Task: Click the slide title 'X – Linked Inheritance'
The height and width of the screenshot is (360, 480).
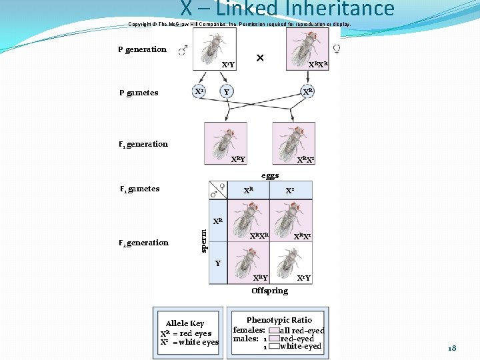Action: coord(287,9)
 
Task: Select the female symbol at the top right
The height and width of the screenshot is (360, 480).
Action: coord(336,49)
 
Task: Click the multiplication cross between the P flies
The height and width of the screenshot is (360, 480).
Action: coord(260,58)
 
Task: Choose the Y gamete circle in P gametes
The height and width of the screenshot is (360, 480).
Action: coord(227,92)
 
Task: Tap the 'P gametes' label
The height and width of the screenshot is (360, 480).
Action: coord(139,93)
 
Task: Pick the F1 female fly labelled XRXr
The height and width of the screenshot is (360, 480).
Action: coord(294,140)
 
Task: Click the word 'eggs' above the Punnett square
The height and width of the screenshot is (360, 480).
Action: coord(270,175)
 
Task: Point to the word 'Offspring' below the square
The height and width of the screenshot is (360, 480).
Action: coord(269,291)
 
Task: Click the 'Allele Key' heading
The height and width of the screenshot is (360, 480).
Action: coord(185,323)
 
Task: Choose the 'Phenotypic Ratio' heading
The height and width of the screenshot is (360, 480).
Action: coord(279,320)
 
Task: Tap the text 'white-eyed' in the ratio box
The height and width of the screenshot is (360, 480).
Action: coord(301,347)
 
